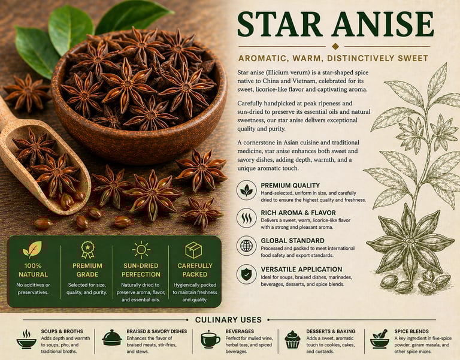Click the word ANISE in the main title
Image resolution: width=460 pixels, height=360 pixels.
click(x=384, y=25)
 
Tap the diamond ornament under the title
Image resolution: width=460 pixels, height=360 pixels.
click(x=335, y=46)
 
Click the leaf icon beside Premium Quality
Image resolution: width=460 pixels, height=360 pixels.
click(x=246, y=190)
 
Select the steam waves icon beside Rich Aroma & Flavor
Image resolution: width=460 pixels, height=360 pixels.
click(x=246, y=218)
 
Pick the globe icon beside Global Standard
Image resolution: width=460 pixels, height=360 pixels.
click(x=246, y=246)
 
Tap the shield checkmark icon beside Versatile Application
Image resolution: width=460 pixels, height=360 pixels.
click(x=246, y=274)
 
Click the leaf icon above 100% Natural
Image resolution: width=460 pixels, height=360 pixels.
click(x=32, y=249)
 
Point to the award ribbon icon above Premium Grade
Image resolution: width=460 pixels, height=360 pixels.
click(x=87, y=249)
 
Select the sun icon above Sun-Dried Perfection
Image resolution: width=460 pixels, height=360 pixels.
click(x=141, y=250)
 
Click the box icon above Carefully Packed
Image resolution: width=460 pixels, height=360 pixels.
click(x=193, y=250)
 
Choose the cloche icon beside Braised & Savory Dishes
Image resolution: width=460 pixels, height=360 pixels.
click(x=112, y=338)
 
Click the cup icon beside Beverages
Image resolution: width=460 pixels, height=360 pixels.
click(x=210, y=340)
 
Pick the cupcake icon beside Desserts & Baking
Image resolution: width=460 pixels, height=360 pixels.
click(x=292, y=340)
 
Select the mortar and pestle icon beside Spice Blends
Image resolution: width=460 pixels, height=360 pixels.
click(x=380, y=339)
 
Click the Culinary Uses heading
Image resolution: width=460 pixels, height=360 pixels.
click(x=228, y=320)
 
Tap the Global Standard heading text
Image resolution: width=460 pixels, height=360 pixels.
click(x=292, y=241)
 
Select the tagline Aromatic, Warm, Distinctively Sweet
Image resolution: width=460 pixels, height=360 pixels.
click(x=333, y=58)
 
